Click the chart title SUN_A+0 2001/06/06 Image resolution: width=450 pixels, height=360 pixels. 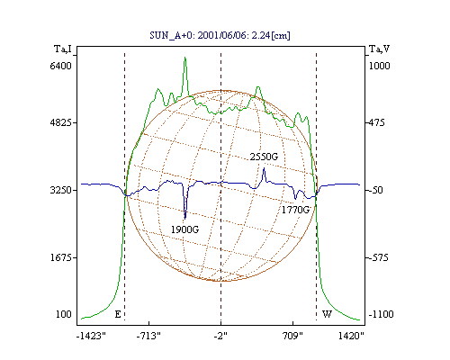click(220, 35)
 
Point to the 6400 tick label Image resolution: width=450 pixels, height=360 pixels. click(61, 66)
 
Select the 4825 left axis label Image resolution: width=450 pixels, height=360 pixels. click(61, 122)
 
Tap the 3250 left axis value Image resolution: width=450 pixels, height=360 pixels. click(61, 190)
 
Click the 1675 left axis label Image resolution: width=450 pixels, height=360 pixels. click(61, 257)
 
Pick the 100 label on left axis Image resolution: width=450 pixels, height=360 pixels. click(64, 314)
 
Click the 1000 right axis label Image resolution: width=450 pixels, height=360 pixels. click(379, 66)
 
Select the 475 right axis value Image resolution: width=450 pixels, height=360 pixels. click(377, 122)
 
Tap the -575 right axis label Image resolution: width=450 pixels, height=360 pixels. click(379, 257)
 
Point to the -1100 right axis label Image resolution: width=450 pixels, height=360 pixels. click(381, 314)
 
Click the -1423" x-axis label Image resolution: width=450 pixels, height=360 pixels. click(91, 336)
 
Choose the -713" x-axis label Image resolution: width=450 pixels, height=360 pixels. click(148, 336)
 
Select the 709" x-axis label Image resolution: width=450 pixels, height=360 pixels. click(292, 336)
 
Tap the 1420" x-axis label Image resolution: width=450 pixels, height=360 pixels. click(351, 336)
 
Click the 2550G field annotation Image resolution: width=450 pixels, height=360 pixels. click(264, 157)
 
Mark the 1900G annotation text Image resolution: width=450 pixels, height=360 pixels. click(184, 229)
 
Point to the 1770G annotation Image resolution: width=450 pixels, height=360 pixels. click(295, 210)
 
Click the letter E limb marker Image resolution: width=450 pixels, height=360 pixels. click(118, 314)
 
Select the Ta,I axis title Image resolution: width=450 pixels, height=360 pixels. click(63, 49)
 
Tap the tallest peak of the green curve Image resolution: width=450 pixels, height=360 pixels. click(185, 57)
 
